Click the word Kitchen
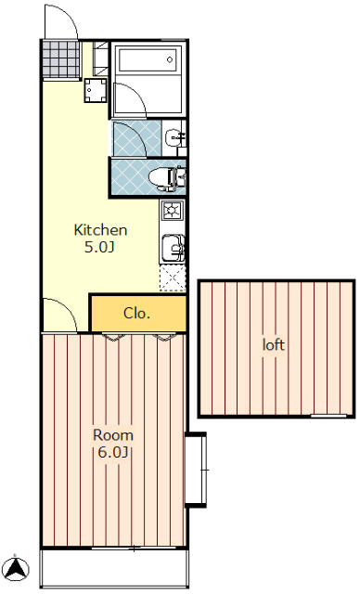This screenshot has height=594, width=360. pos(100,230)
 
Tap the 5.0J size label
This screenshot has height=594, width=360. pos(99,248)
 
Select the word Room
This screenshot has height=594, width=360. pos(113,435)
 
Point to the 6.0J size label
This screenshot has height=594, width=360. pos(112,452)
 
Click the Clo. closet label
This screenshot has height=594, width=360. pos(137,314)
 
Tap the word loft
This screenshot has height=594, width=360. pos(274,344)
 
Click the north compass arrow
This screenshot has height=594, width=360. pos(16,568)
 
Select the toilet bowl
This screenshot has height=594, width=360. pos(167,177)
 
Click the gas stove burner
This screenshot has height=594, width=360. pos(173,211)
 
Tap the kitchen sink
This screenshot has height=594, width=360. pos(173,248)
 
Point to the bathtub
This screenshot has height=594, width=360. pos(148,59)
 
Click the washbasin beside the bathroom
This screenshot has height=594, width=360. pos(174,136)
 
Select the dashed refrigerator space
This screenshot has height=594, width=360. pos(173,278)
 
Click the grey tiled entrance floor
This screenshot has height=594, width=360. pos(61,59)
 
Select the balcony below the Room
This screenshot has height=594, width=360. pos(114,567)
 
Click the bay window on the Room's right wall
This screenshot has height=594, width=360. pos(196,470)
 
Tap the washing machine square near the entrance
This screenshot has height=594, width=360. pos(95,90)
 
